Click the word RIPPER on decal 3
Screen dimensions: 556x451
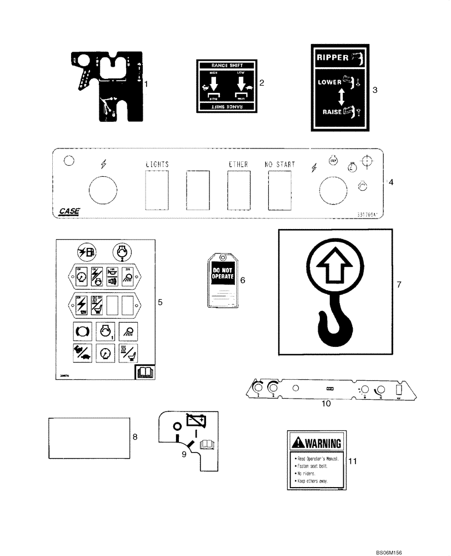click(x=333, y=57)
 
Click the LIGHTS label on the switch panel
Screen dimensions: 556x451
click(x=157, y=165)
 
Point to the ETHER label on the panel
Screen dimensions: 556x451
click(x=238, y=165)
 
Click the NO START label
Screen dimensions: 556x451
click(x=279, y=165)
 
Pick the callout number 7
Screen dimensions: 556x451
click(x=398, y=284)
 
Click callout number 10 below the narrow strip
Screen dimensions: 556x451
click(x=326, y=404)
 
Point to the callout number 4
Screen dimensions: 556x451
click(x=391, y=182)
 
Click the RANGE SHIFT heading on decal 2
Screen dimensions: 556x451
click(x=228, y=66)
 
